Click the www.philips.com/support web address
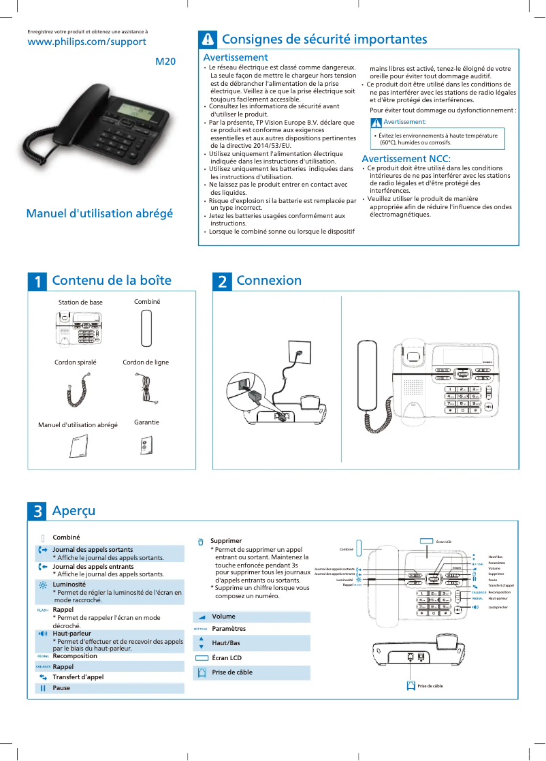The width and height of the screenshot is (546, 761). [x=86, y=42]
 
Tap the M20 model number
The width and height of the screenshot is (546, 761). [x=165, y=62]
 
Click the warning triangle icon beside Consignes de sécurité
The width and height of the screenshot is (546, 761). [x=207, y=40]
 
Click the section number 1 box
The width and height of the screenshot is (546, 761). [x=37, y=281]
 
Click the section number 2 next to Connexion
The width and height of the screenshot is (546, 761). [x=222, y=281]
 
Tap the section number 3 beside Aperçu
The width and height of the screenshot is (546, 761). [x=37, y=511]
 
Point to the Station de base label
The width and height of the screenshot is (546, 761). [x=80, y=302]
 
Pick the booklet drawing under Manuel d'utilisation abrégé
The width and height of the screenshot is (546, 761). [x=79, y=446]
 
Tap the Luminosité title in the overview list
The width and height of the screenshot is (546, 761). [x=69, y=585]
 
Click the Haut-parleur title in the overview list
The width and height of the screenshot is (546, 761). [x=71, y=633]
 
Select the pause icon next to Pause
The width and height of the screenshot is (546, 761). [x=43, y=688]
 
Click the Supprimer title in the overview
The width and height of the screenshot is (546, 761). [x=226, y=540]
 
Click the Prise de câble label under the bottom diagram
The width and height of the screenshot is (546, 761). [x=430, y=686]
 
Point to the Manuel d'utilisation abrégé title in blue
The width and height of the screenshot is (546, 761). [x=99, y=213]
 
